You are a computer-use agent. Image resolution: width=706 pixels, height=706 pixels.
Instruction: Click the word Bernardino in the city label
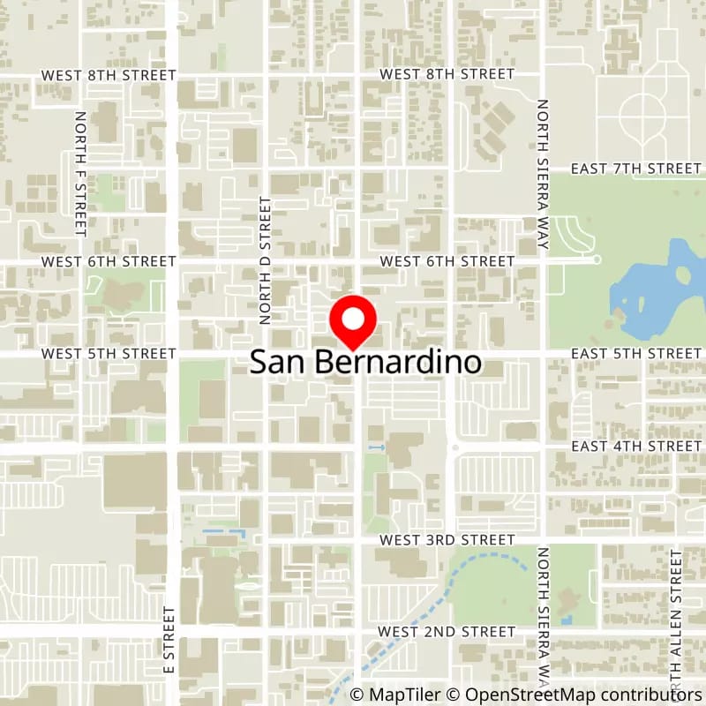coord(397,363)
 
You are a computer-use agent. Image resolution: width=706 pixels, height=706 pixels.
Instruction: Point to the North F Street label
coord(81,173)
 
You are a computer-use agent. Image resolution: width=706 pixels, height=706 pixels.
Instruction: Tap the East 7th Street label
coord(635,168)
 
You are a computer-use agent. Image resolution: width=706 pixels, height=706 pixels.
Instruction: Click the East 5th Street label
coord(635,353)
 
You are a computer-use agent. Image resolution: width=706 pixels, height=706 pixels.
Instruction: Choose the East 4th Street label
coord(635,446)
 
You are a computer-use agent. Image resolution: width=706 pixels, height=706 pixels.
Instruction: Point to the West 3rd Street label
coord(447,538)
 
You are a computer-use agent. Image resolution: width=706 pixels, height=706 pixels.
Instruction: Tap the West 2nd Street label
coord(447,631)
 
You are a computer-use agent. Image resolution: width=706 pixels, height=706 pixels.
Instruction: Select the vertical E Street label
coord(168,639)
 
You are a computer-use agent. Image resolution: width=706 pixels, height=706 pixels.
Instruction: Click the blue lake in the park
coord(657,291)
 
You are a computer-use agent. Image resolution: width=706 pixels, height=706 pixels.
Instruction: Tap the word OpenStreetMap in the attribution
coord(514,695)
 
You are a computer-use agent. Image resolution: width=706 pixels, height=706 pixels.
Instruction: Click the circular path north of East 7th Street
coord(642,115)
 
